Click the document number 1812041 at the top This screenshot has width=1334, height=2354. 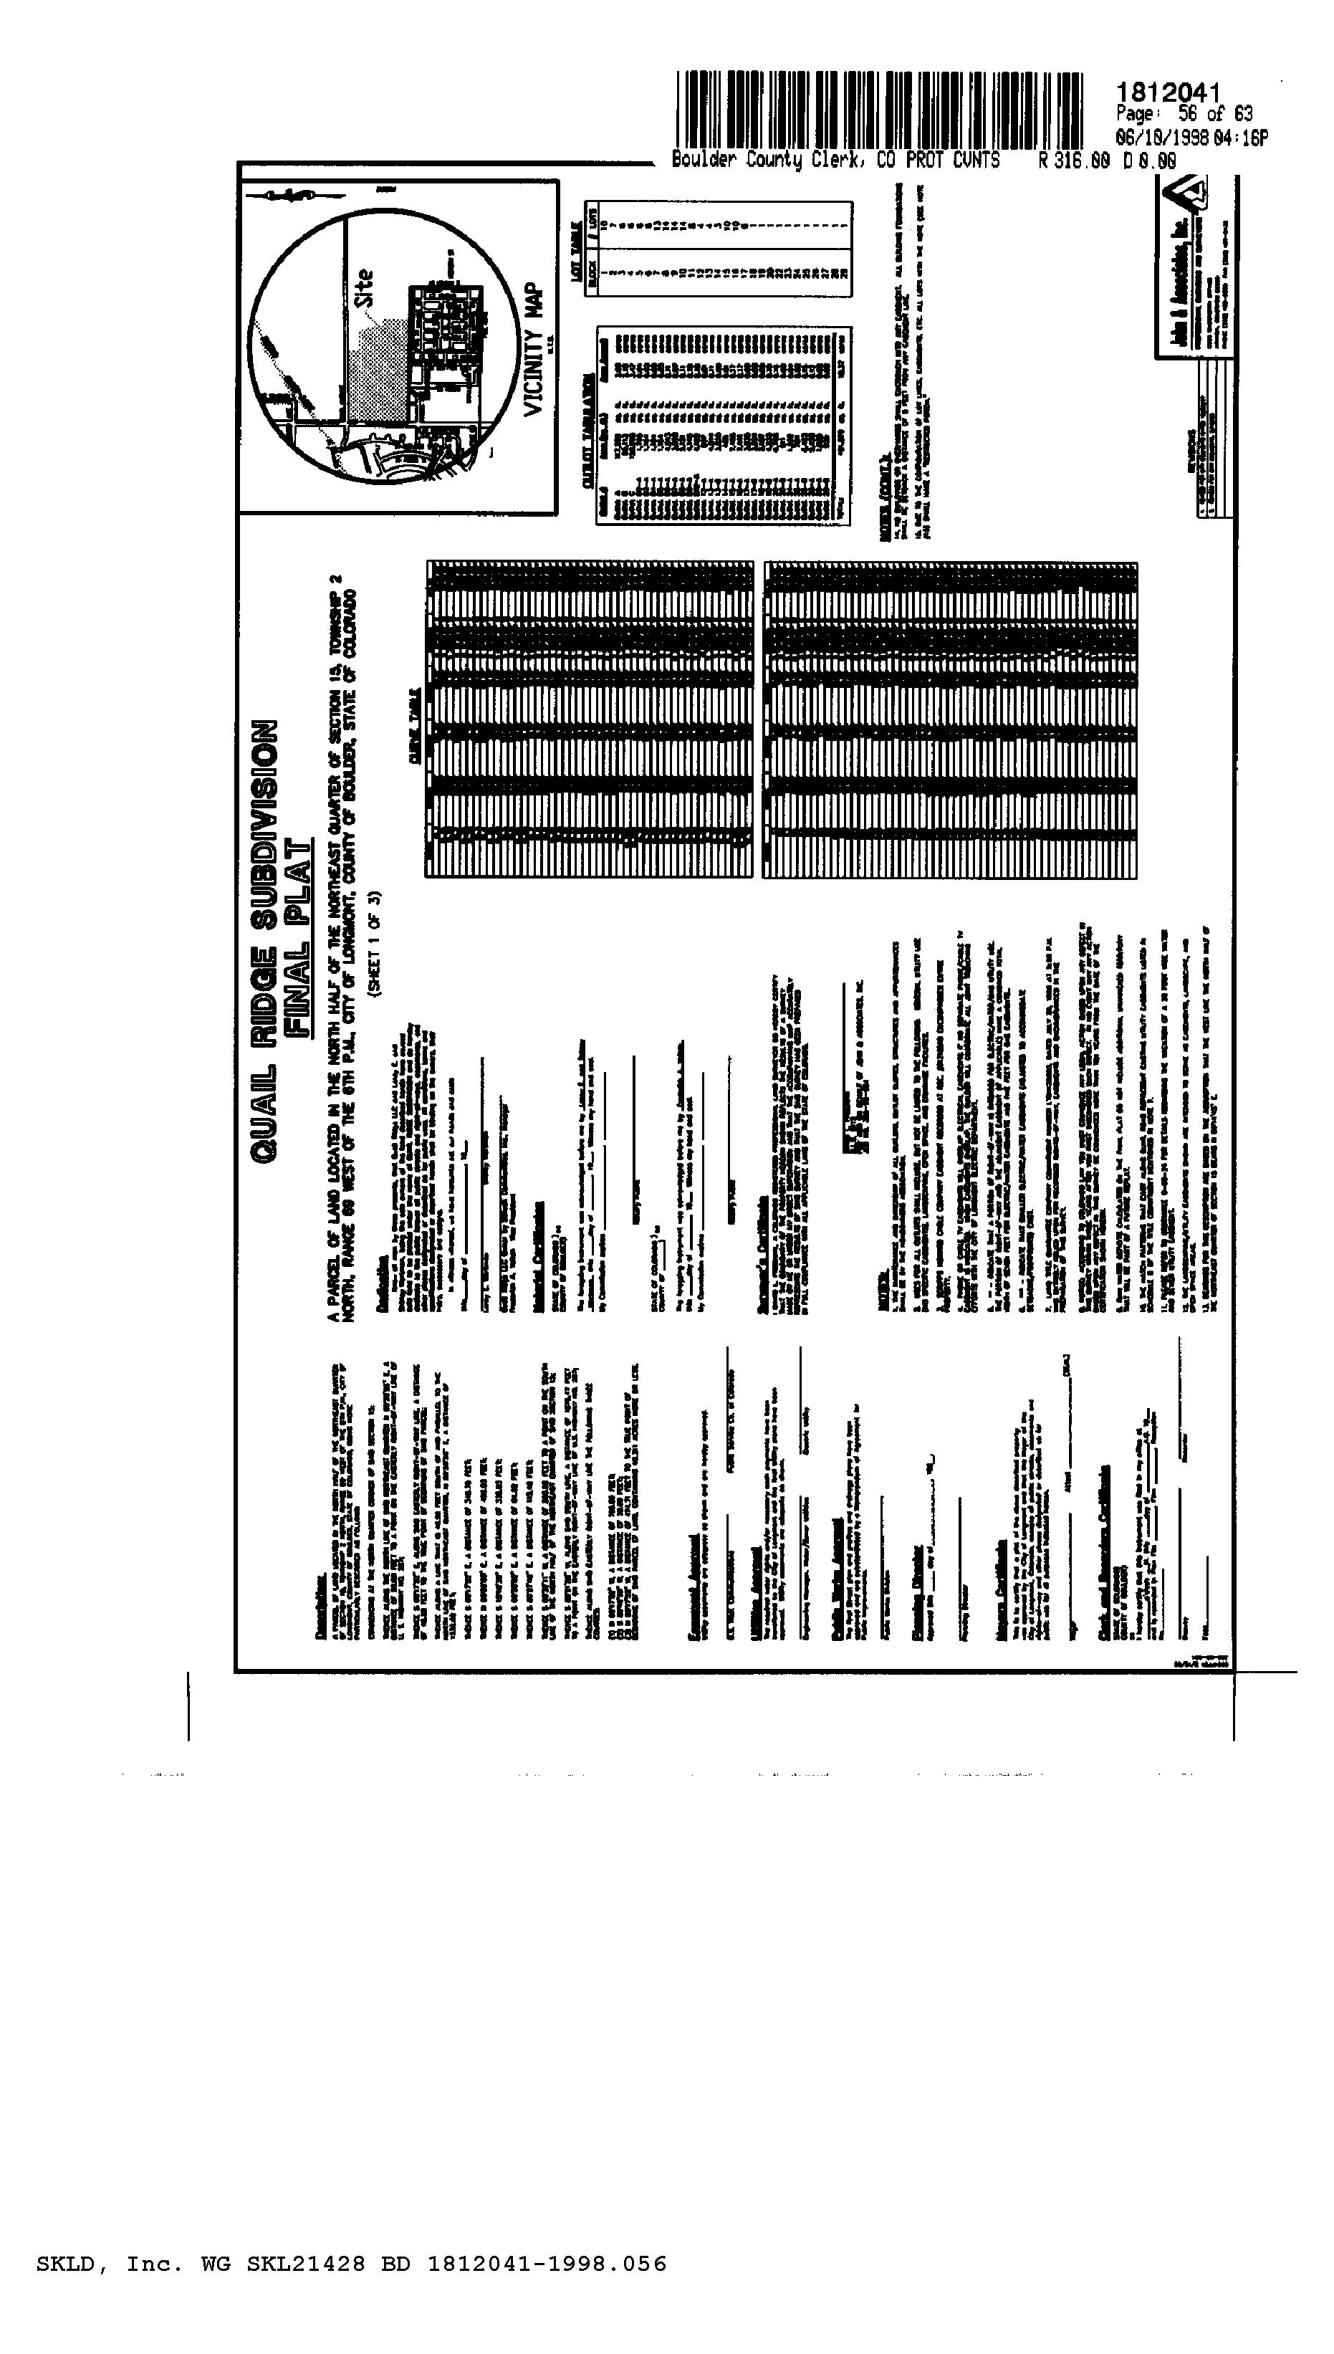1169,92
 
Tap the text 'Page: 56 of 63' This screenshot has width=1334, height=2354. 1184,115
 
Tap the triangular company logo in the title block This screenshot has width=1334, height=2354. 1196,197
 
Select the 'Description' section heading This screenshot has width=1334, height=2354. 320,1605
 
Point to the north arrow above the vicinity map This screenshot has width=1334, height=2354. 293,195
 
